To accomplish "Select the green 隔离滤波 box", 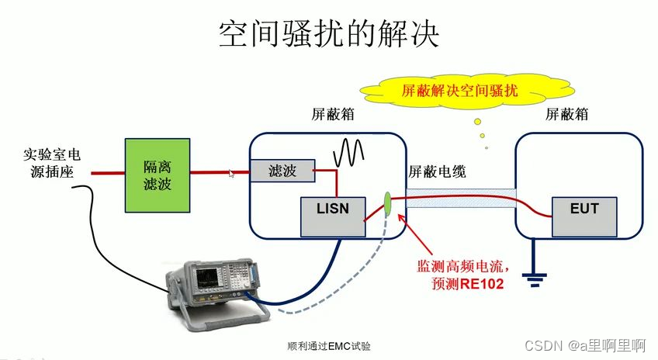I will pyautogui.click(x=158, y=175).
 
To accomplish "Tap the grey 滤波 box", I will pyautogui.click(x=282, y=170).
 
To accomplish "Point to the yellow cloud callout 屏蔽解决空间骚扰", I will pyautogui.click(x=462, y=91).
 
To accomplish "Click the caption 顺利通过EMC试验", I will pyautogui.click(x=329, y=346).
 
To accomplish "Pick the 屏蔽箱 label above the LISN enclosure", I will pyautogui.click(x=333, y=115).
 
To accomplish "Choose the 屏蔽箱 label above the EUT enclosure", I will pyautogui.click(x=566, y=115).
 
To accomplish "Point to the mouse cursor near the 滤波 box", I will pyautogui.click(x=231, y=174).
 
